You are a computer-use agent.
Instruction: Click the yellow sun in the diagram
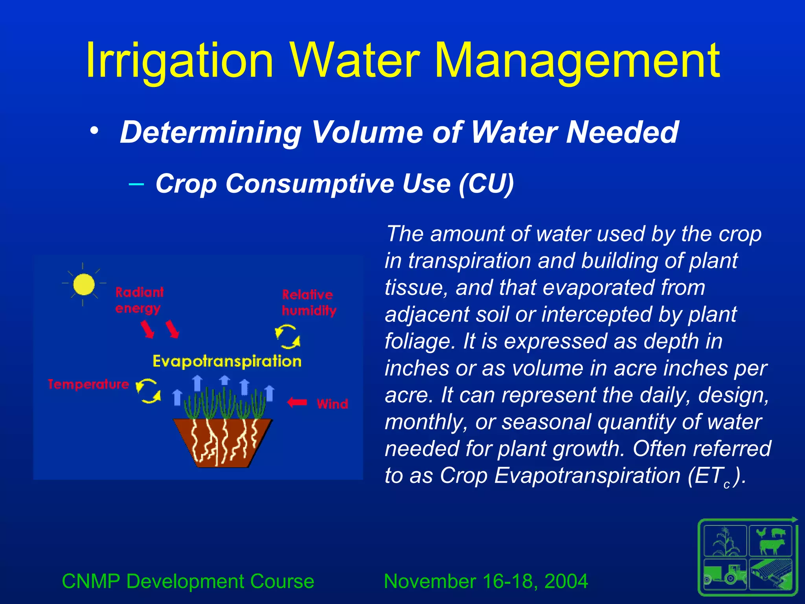(83, 284)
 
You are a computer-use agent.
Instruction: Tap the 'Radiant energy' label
(139, 300)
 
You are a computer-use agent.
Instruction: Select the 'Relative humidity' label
(309, 303)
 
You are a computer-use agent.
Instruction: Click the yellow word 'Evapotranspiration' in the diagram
(227, 361)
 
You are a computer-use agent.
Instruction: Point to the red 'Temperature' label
(88, 384)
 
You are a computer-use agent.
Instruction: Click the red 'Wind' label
(333, 404)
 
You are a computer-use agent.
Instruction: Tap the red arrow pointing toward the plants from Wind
(297, 402)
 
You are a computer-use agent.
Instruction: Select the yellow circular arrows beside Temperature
(148, 391)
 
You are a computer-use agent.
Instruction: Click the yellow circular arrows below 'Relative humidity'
(288, 337)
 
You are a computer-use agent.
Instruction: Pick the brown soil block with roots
(222, 442)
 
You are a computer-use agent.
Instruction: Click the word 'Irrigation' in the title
(179, 61)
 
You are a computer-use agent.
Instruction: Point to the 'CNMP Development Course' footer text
(188, 581)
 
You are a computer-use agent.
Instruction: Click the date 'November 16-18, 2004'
(486, 581)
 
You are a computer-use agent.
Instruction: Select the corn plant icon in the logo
(726, 541)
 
